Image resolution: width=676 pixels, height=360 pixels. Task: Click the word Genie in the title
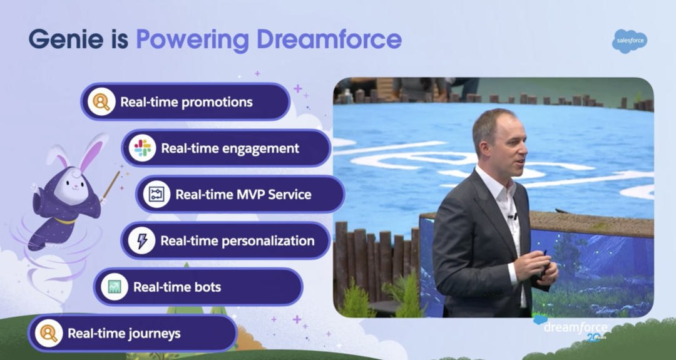click(66, 39)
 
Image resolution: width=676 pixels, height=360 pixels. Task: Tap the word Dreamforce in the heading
click(329, 39)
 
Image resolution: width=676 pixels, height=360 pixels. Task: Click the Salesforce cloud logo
click(630, 41)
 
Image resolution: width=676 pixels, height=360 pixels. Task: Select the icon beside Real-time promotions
click(101, 102)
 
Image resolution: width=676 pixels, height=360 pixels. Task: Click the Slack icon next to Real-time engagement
click(142, 148)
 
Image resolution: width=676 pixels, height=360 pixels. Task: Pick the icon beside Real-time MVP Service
click(156, 194)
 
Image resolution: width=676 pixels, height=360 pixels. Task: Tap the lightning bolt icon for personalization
click(141, 240)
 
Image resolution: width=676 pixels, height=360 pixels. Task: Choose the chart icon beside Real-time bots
click(115, 287)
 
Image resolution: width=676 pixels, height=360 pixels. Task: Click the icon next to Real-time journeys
click(49, 333)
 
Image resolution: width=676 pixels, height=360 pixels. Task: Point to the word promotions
click(217, 102)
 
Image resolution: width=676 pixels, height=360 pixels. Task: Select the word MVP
click(250, 195)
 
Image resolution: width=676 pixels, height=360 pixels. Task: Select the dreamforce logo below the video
click(571, 328)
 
